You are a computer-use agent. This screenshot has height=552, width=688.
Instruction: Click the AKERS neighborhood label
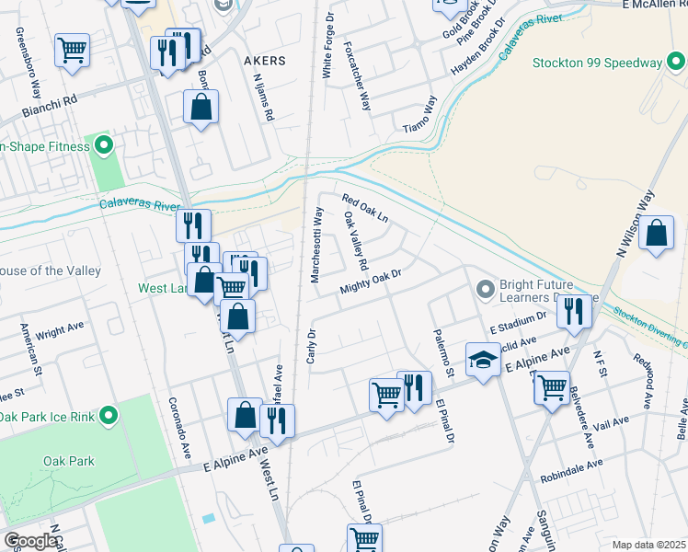coord(264,60)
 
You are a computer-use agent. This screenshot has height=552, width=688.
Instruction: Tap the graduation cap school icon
coord(483,360)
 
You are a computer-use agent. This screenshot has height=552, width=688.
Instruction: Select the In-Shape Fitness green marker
coord(103,145)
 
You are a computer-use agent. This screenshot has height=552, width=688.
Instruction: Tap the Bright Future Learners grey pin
coord(486,291)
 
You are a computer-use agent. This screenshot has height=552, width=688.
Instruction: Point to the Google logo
coord(31,541)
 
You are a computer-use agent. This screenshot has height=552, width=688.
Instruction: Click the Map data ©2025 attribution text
coord(648,545)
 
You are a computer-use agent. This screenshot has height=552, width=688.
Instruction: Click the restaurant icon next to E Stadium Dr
coord(572,311)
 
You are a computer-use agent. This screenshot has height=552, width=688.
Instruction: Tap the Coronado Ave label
coord(178,428)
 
